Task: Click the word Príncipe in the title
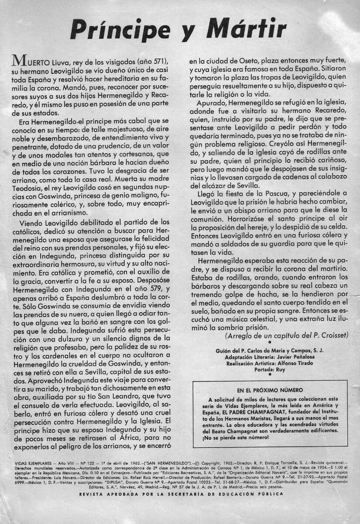120,29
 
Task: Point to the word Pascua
267,193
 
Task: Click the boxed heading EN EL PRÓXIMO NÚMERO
270,390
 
